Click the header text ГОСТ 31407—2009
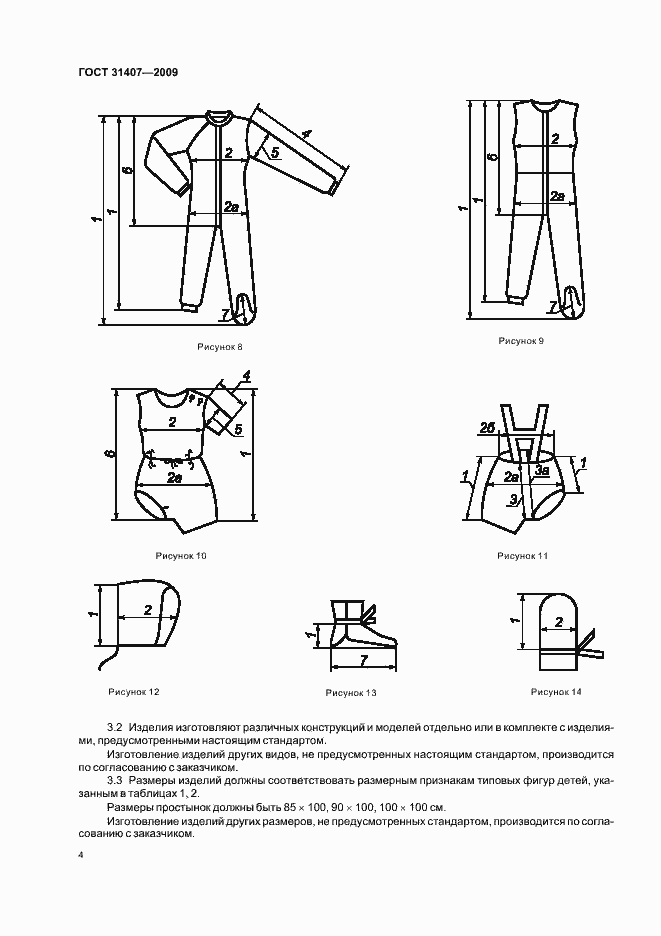point(127,72)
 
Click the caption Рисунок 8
point(220,347)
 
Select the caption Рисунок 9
point(521,341)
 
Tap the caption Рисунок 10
point(180,556)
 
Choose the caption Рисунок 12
point(134,691)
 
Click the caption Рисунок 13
point(350,692)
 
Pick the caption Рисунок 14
point(556,691)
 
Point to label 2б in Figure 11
point(486,428)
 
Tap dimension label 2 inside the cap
point(148,610)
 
